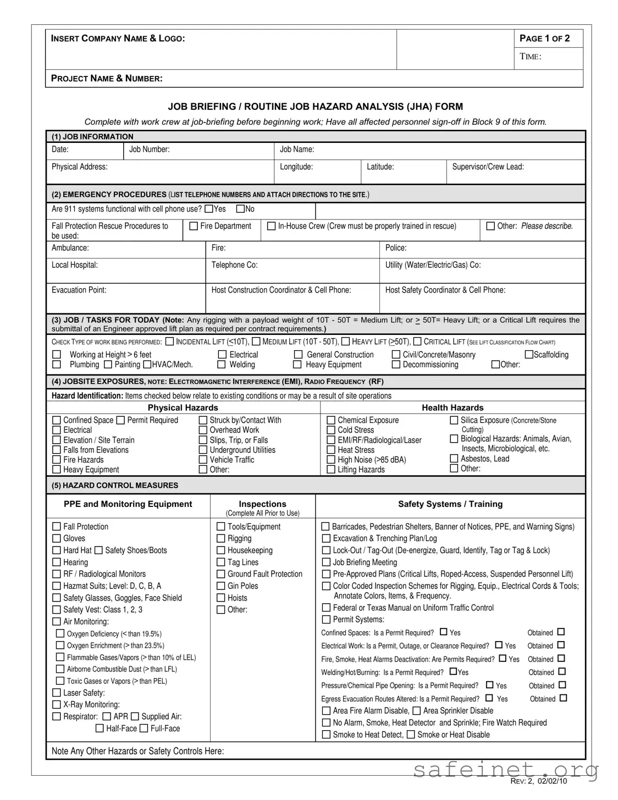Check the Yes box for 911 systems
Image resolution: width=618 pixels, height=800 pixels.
(208, 209)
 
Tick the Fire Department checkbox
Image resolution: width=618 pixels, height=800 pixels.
(194, 226)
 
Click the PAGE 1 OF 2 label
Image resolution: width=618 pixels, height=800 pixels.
(544, 38)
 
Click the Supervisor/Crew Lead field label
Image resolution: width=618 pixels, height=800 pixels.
(488, 167)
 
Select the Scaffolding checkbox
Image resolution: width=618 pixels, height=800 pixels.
(529, 355)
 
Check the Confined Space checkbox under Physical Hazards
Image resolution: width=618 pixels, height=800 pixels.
(56, 420)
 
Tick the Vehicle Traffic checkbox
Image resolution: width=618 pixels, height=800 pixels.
(203, 460)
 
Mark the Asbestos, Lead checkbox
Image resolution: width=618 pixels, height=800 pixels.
(454, 459)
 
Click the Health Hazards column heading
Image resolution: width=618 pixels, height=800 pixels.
(453, 407)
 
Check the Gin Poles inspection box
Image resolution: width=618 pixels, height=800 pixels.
(221, 586)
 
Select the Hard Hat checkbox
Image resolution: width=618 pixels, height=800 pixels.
(56, 550)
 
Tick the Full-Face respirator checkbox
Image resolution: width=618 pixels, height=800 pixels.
(144, 729)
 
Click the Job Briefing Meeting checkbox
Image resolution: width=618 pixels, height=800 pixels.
(326, 562)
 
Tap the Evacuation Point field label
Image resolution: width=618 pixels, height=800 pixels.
(79, 290)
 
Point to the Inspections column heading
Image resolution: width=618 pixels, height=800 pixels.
(262, 504)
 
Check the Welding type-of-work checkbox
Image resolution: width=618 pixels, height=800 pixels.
(222, 365)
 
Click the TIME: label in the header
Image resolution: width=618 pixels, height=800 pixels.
(531, 57)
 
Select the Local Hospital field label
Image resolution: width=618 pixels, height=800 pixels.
(75, 265)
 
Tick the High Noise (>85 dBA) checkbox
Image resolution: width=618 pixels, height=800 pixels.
(331, 460)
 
